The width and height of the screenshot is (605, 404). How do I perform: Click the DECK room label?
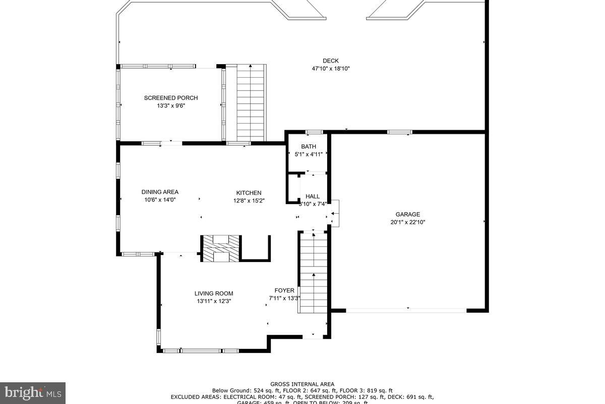pyautogui.click(x=331, y=61)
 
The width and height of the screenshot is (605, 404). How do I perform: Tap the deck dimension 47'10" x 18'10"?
pyautogui.click(x=331, y=69)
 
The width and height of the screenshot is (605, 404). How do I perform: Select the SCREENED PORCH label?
pyautogui.click(x=171, y=98)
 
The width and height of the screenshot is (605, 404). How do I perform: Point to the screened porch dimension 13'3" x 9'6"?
pyautogui.click(x=171, y=106)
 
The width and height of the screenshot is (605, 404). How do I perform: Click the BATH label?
pyautogui.click(x=309, y=146)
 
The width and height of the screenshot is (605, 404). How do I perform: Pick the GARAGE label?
pyautogui.click(x=407, y=214)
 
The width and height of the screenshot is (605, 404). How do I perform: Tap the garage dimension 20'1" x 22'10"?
pyautogui.click(x=407, y=222)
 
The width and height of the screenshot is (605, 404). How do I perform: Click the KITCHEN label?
pyautogui.click(x=249, y=193)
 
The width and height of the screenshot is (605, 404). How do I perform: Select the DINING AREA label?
pyautogui.click(x=160, y=192)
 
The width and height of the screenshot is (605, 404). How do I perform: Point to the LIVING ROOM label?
pyautogui.click(x=214, y=293)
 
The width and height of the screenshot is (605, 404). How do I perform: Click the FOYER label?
pyautogui.click(x=284, y=290)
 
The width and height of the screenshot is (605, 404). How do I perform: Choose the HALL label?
pyautogui.click(x=313, y=196)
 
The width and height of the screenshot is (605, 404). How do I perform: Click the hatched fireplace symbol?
pyautogui.click(x=221, y=248)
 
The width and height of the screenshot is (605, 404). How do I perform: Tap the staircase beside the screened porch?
pyautogui.click(x=251, y=103)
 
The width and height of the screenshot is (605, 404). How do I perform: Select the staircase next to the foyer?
pyautogui.click(x=314, y=273)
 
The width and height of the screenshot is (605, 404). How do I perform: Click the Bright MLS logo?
pyautogui.click(x=33, y=392)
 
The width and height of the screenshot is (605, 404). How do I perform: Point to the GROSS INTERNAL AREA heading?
pyautogui.click(x=302, y=384)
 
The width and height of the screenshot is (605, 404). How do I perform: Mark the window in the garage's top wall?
pyautogui.click(x=399, y=132)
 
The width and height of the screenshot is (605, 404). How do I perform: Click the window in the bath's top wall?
pyautogui.click(x=314, y=132)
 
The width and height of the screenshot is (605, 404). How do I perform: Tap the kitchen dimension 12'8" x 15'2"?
pyautogui.click(x=249, y=200)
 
